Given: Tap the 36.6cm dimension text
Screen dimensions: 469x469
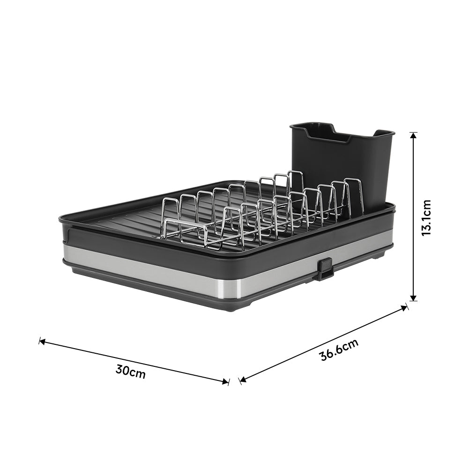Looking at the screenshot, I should point(339,349).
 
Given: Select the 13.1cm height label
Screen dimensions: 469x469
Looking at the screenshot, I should point(426,217).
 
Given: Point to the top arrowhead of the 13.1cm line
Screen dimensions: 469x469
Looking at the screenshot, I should point(413,136).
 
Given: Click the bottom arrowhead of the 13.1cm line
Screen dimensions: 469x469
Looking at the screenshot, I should point(413,298).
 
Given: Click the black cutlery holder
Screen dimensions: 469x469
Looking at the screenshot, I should point(342,164).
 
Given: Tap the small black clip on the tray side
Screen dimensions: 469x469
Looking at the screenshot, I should point(324,269).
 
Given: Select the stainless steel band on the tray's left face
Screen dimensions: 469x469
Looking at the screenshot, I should point(150,271).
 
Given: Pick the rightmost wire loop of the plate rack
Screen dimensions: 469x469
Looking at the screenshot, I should point(354,194).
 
